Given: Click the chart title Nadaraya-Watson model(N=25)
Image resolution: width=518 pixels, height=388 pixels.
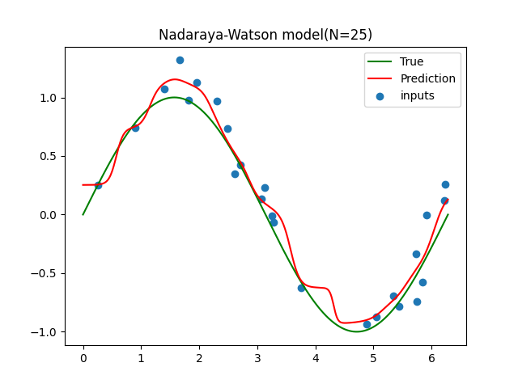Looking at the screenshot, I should click(265, 35).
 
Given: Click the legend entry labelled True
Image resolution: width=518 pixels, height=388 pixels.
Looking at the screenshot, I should click(411, 61).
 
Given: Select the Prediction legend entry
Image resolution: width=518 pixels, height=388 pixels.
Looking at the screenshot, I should click(427, 78).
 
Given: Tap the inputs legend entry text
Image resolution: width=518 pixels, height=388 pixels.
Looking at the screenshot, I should click(417, 95).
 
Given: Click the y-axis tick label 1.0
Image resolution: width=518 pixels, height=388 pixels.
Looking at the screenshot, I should click(47, 98).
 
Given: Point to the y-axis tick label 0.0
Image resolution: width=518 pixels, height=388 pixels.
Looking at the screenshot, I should click(47, 215).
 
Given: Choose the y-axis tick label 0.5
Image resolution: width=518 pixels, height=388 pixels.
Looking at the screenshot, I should click(47, 156).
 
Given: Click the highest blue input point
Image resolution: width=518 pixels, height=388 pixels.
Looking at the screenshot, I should click(180, 60).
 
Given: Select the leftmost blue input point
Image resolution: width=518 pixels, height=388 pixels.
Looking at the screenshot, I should click(98, 185).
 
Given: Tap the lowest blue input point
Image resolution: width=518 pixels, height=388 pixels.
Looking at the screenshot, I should click(367, 324).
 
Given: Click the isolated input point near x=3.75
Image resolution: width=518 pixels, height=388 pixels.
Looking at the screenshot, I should click(301, 288).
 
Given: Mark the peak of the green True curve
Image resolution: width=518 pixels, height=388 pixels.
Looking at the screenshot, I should click(174, 97).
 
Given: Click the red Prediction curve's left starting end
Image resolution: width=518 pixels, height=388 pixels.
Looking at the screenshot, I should click(83, 185).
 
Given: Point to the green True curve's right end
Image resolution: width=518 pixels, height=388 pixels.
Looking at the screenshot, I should click(448, 214).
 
